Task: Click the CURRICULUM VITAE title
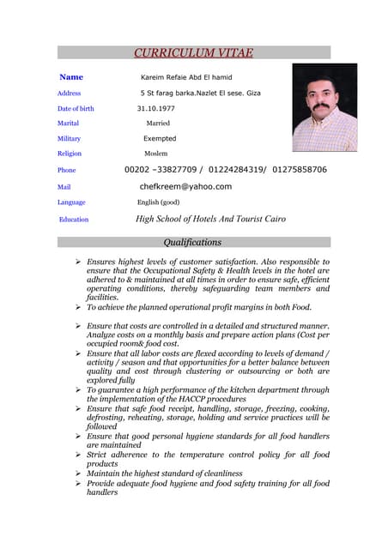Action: (192, 53)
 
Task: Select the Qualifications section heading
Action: (192, 242)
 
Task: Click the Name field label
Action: (71, 77)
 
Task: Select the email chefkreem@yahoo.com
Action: (185, 186)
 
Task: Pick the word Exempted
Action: (160, 139)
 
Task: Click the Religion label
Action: (70, 154)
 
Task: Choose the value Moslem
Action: (155, 154)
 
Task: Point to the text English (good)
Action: (158, 202)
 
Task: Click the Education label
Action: (74, 220)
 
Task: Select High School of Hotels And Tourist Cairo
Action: (210, 219)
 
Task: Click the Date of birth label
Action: (76, 109)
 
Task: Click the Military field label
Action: (69, 139)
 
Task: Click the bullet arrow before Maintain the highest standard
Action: (78, 474)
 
